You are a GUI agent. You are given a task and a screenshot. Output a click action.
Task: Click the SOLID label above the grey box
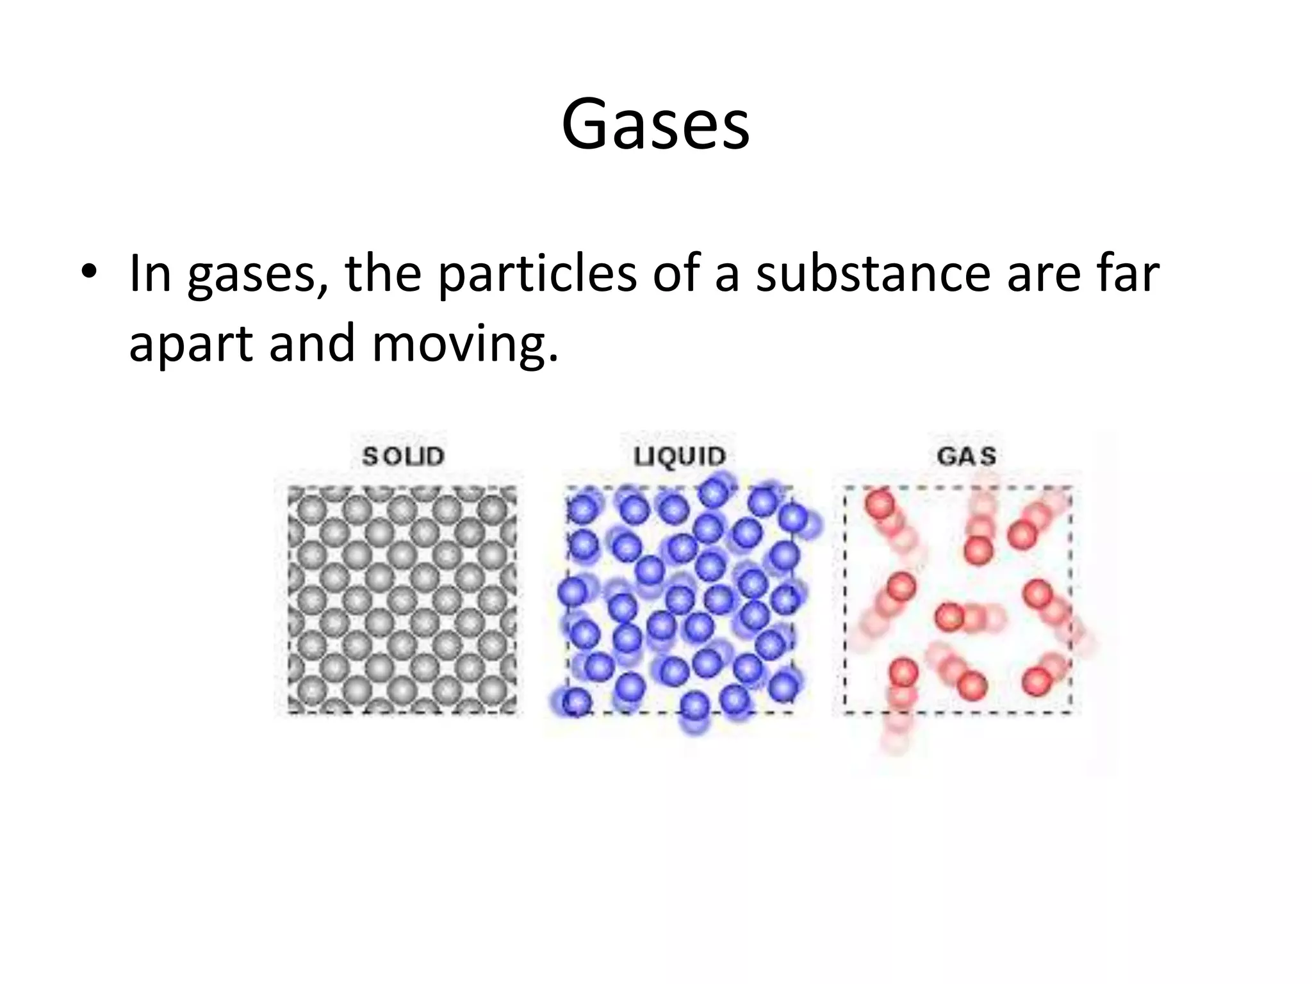404,457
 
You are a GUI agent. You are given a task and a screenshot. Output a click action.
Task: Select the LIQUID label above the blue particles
680,457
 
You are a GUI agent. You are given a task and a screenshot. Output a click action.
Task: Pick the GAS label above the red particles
967,457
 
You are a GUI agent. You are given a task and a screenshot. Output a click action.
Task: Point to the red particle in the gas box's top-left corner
879,504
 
